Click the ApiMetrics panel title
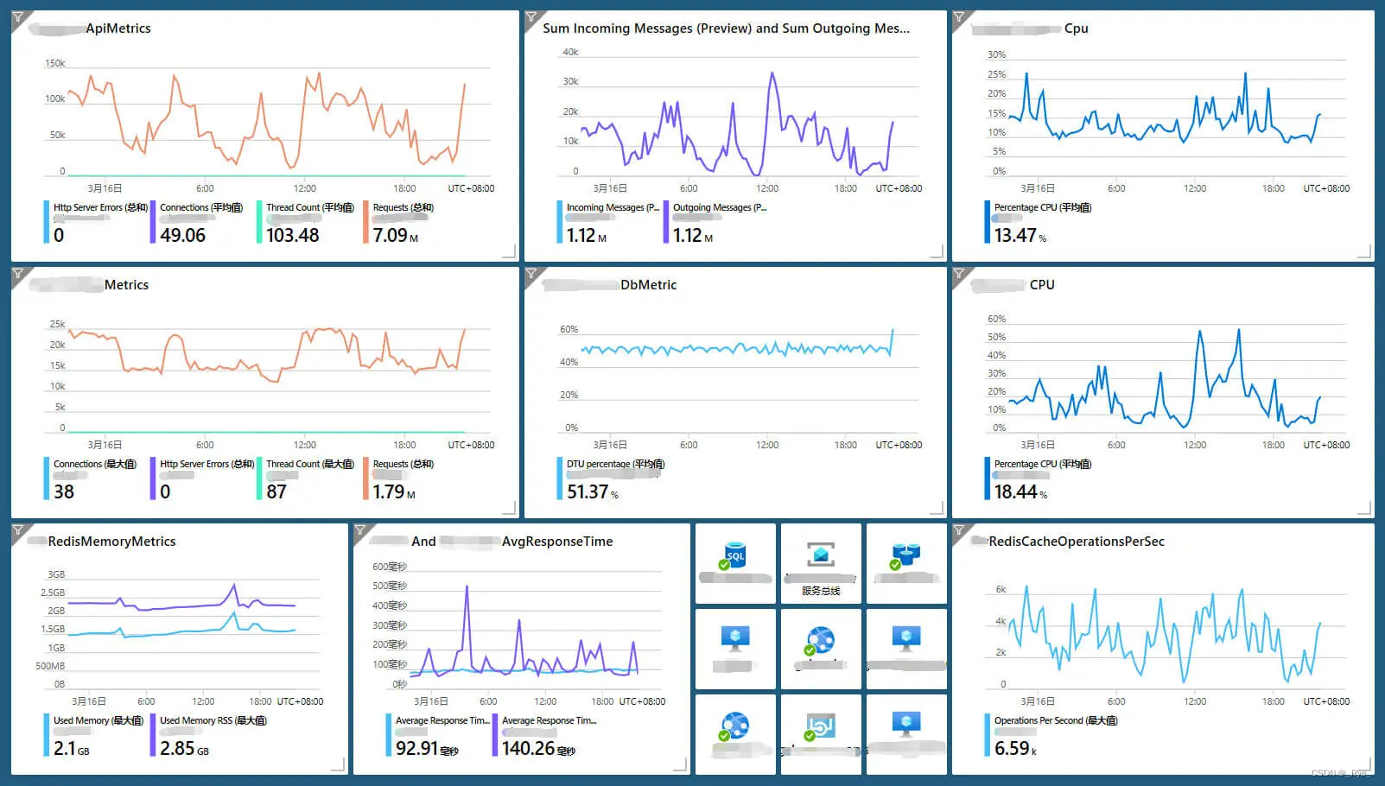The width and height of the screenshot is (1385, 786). coord(118,29)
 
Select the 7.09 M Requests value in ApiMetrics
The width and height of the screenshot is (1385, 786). coord(395,235)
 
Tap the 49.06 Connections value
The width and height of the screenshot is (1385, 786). coord(182,235)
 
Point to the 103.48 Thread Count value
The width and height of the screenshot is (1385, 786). coord(292,235)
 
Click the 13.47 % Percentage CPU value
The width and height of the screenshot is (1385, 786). coord(1019,235)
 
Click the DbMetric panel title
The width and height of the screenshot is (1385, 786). coord(648,285)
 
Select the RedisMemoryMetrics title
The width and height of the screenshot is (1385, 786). coord(111,542)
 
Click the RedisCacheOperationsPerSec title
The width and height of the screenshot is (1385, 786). coord(1076,542)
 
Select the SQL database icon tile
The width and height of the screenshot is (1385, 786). coord(734,557)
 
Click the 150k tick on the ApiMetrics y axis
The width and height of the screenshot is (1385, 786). coord(54,64)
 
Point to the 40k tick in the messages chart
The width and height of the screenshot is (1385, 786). coord(569,53)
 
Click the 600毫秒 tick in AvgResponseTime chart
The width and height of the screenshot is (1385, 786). coord(389,567)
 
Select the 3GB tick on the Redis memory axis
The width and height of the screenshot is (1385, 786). coord(56,574)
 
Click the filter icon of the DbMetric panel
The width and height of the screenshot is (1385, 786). coord(532,275)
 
